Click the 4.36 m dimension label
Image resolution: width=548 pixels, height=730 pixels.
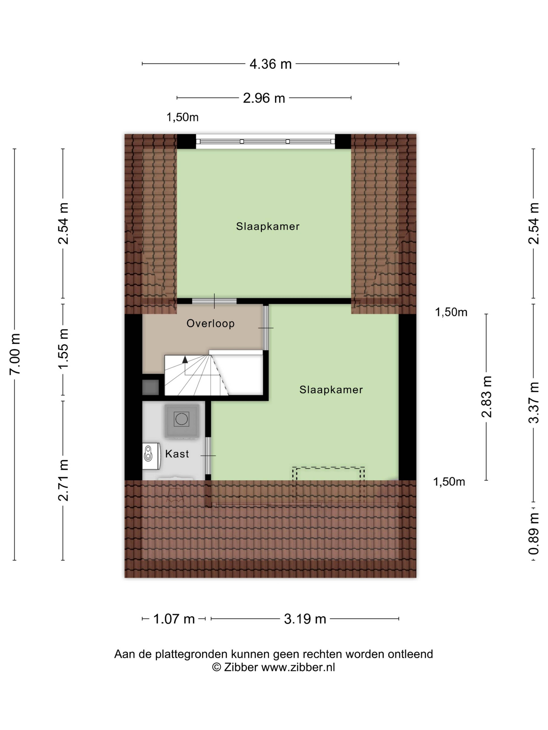point(271,64)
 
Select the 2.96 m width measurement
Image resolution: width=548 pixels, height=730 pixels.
point(264,98)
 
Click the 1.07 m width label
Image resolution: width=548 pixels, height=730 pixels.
point(174,619)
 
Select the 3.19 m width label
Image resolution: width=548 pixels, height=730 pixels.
point(305,619)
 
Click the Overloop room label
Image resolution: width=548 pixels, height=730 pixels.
point(210,323)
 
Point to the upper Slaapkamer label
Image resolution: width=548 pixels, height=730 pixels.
point(268,226)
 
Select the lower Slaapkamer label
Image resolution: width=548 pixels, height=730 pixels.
point(331,390)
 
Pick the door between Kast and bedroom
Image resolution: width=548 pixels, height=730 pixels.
point(208,455)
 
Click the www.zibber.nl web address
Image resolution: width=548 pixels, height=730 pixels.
point(298,667)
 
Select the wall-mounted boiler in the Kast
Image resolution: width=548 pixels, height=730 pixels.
point(151,456)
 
